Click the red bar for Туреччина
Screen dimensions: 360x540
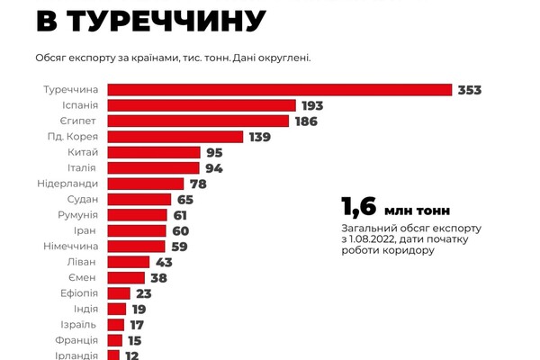[280, 89]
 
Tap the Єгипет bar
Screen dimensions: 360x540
[198, 121]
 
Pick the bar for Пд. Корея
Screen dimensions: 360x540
[175, 137]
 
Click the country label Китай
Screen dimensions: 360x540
[82, 152]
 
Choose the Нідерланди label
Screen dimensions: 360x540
[69, 184]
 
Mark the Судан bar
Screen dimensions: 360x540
[139, 199]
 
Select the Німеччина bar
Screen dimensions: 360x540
[137, 246]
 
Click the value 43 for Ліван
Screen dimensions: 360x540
[166, 262]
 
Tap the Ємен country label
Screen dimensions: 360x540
[81, 277]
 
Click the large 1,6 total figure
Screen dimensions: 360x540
[358, 208]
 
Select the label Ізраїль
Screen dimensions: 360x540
[79, 324]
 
